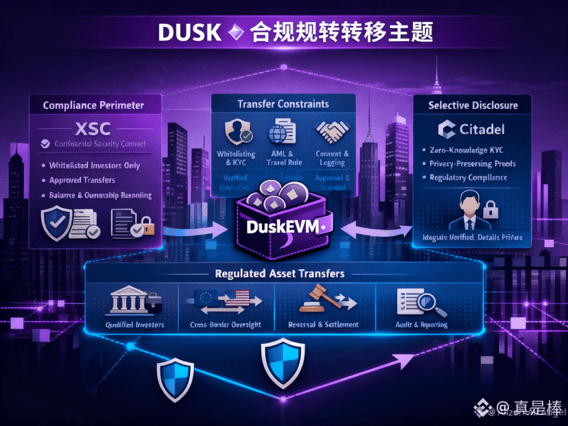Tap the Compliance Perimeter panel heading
point(93,106)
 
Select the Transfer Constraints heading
point(283,104)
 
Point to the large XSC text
point(93,128)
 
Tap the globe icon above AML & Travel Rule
point(281,132)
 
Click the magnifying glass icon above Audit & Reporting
point(426,299)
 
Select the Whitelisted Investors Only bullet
point(95,165)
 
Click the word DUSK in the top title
point(190,32)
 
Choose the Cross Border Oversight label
point(225,324)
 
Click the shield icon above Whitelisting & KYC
point(235,131)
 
